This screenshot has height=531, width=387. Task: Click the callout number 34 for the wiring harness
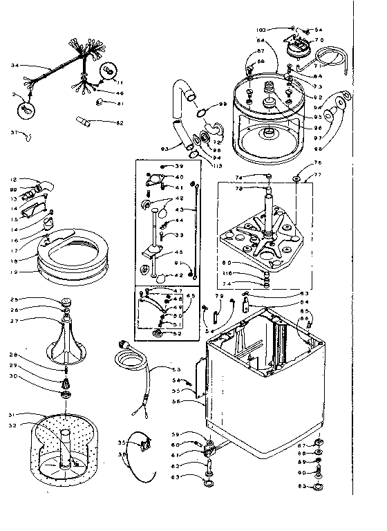pos(15,66)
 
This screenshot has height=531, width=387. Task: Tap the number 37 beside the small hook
pos(14,132)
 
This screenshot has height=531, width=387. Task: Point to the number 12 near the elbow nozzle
pos(14,180)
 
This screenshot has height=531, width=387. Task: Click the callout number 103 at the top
pos(281,30)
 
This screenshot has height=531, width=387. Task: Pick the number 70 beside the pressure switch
pos(319,40)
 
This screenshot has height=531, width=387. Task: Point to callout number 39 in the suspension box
pos(178,167)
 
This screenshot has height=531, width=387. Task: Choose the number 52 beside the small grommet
pos(178,334)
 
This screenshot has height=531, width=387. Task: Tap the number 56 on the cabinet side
pos(178,400)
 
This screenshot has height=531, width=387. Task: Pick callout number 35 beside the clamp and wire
pos(122,442)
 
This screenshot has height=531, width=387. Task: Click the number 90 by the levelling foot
pos(301,472)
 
